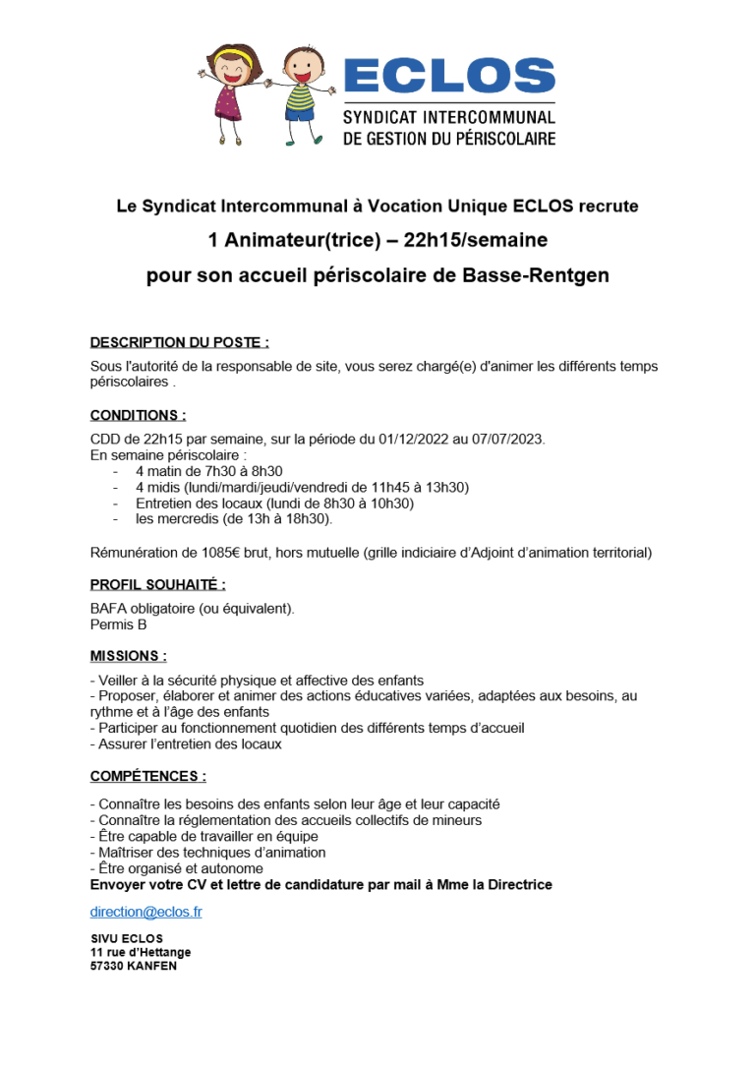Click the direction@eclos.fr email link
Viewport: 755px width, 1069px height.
coord(145,912)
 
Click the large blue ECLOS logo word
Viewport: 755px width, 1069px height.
coord(448,76)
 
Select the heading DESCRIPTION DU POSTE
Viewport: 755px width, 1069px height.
coord(179,342)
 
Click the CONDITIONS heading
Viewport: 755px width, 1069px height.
coord(138,415)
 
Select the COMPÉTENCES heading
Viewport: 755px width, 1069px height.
coord(147,776)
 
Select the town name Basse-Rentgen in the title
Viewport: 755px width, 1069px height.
coord(535,275)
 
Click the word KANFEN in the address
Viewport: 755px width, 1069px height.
coord(152,966)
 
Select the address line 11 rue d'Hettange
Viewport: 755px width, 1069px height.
coord(141,952)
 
